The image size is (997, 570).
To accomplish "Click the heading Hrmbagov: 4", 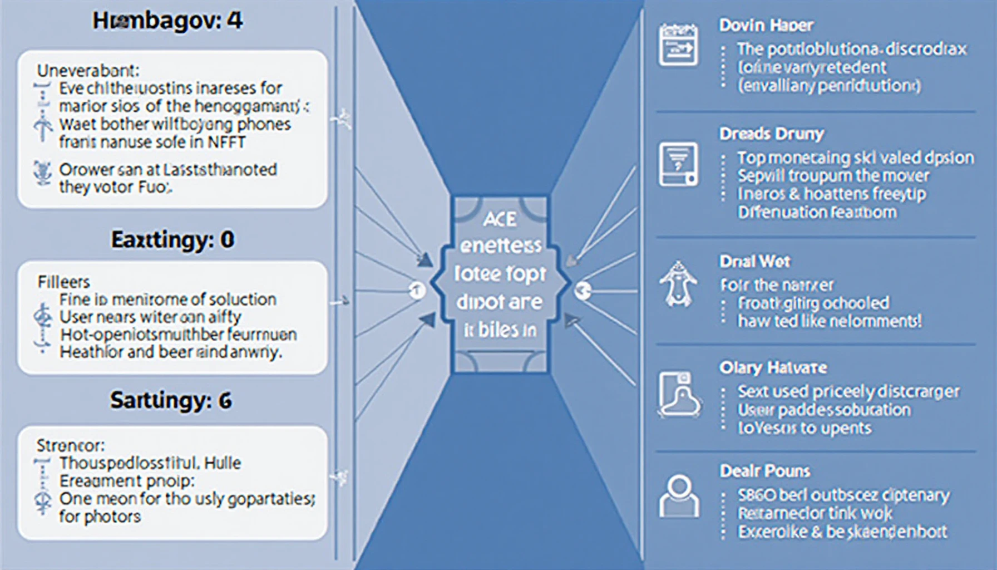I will coord(167,22).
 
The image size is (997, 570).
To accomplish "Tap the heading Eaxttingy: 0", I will coord(172,240).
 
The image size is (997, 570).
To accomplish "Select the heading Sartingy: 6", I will coord(171,401).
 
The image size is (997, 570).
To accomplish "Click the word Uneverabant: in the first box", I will coord(88,71).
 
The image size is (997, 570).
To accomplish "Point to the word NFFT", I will coord(226,142).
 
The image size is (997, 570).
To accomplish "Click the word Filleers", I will coord(63,282).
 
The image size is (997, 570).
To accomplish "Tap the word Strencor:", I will coord(71,445).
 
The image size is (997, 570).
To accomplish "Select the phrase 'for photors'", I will coord(100,517).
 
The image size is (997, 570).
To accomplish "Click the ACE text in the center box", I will coord(500,219).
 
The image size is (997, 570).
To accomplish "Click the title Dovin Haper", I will coord(766,25).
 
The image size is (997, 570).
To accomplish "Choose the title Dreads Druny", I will coord(771,134).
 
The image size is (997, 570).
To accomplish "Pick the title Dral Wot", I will coord(754,261).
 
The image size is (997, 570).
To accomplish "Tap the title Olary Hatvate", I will coord(773,367).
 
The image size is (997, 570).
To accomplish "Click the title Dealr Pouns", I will coord(764,471).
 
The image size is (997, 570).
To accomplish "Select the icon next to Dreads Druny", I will coord(678,164).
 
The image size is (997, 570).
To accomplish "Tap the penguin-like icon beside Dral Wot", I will coord(678,284).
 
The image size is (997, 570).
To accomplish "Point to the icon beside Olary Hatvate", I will coord(679,394).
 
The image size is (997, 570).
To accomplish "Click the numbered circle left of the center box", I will coord(417,290).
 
